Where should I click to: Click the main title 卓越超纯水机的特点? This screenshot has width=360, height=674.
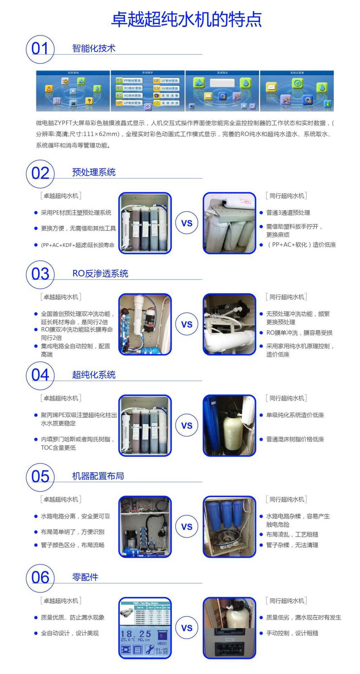click(x=186, y=19)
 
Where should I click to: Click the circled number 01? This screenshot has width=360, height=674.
click(x=40, y=49)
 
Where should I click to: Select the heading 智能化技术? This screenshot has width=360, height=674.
click(x=94, y=48)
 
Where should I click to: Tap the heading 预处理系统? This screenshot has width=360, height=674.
click(x=94, y=172)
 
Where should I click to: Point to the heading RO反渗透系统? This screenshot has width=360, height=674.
click(x=100, y=273)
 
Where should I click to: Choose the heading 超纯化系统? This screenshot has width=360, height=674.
click(x=94, y=375)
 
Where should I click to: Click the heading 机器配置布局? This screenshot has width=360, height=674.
click(x=98, y=476)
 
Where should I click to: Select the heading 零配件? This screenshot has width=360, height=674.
click(x=85, y=577)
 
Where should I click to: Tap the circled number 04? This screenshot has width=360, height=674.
click(x=40, y=375)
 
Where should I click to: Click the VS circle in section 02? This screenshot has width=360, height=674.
click(x=186, y=223)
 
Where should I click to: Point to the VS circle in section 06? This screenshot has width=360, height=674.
click(x=186, y=628)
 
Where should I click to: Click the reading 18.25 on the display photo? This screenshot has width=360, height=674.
click(x=136, y=634)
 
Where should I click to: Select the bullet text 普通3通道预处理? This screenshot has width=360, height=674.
click(x=288, y=213)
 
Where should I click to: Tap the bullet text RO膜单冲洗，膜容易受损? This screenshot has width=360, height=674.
click(x=299, y=333)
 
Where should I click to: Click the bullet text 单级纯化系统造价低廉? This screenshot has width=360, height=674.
click(x=295, y=415)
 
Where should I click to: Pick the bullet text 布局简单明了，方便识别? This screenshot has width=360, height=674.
click(x=73, y=532)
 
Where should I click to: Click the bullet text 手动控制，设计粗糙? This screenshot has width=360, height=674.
click(x=292, y=633)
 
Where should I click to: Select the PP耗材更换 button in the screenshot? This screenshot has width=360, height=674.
click(x=129, y=81)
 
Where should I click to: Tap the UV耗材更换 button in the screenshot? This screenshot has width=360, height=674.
click(x=166, y=88)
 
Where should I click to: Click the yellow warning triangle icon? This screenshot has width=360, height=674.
click(x=49, y=88)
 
